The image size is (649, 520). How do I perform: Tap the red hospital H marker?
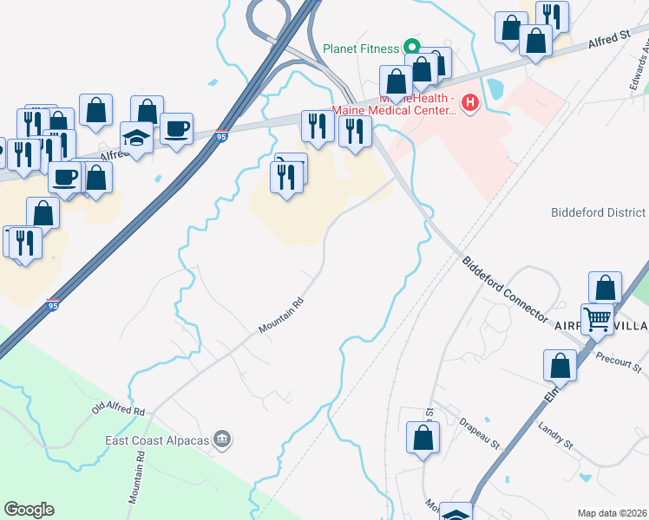pos(470,104)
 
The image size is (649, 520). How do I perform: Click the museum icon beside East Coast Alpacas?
pos(223,440)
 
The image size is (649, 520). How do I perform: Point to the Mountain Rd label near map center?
pos(281,318)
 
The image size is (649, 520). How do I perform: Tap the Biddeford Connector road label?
pos(505,287)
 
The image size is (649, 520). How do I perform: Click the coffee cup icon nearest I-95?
pos(177,128)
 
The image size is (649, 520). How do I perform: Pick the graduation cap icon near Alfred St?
pos(136,137)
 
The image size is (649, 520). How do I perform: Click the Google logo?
pos(29,510)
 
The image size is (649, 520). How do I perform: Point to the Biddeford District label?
pos(599,212)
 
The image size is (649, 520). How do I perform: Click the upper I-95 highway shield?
pos(222,136)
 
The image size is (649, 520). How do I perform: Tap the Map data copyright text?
pos(613,512)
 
